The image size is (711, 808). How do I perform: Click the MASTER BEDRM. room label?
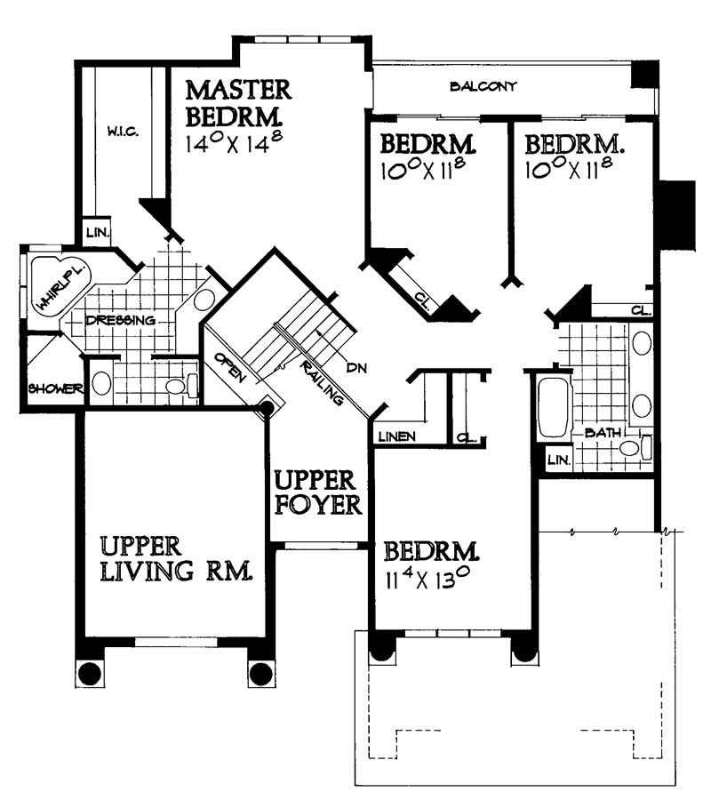coord(237,102)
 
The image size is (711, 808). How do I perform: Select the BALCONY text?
coord(483,86)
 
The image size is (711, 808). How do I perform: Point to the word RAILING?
coord(322,381)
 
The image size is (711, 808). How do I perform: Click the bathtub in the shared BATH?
coord(552,407)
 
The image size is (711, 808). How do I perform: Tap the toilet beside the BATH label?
coord(633,447)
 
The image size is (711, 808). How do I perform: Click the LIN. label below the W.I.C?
coord(96,233)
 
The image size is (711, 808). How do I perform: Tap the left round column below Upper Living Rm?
coord(89,673)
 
